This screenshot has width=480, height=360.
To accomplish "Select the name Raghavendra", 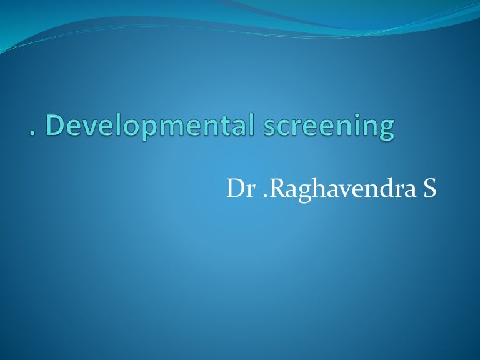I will [x=337, y=189].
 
